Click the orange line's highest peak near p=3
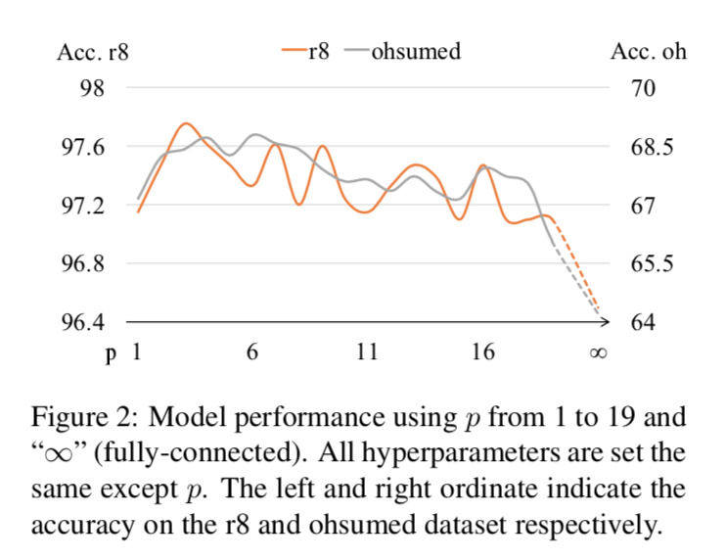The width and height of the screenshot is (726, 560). [186, 123]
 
